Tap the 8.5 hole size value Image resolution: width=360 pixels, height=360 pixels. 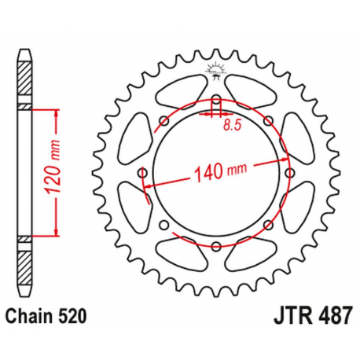point(230,123)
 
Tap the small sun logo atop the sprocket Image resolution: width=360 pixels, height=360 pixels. point(215,70)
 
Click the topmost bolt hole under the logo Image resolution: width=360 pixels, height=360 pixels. point(215,100)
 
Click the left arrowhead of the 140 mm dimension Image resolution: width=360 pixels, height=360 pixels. point(149,184)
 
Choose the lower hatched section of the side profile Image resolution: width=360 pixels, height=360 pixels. point(25,263)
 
